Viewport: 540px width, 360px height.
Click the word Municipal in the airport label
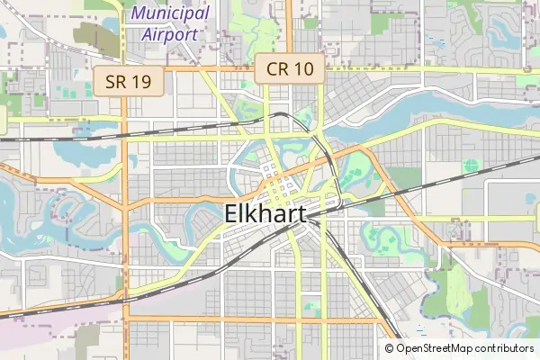coord(171,14)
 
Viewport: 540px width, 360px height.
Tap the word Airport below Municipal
coord(169,34)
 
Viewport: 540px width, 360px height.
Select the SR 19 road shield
coord(129,82)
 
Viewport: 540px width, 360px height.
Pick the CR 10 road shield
coord(290,68)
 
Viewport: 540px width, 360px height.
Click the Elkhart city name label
coord(265,214)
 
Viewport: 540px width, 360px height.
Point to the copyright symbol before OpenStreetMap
coord(390,348)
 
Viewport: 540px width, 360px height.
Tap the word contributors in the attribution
coord(506,348)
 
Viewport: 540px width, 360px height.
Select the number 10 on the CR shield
coord(302,68)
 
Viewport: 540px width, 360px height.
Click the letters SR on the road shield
coord(116,82)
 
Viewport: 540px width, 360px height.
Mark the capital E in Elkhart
coord(229,214)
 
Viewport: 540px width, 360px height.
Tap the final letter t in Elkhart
coord(301,214)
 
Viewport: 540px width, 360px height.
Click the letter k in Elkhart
coord(251,214)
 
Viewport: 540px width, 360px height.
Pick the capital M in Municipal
coord(139,14)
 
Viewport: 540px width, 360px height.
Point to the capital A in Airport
coord(149,34)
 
